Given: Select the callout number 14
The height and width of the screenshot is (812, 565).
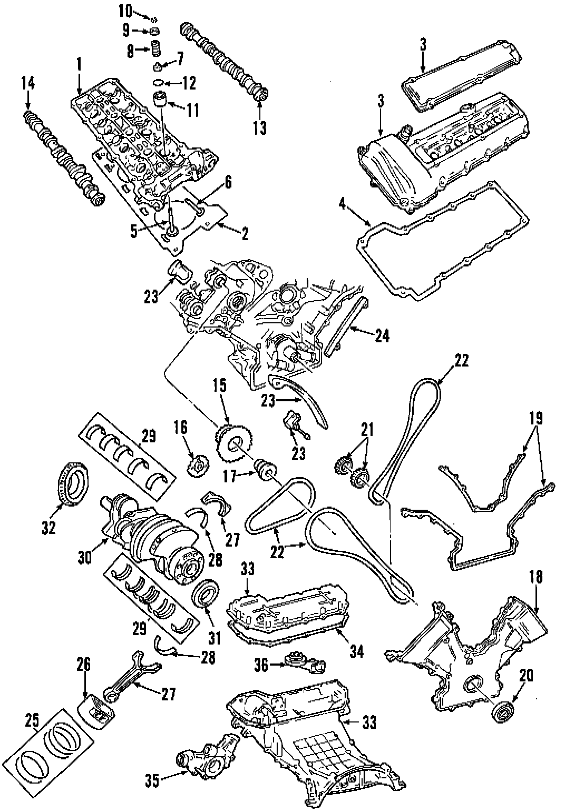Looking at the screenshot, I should click(27, 82).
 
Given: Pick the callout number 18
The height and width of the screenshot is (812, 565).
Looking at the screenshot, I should click(535, 577).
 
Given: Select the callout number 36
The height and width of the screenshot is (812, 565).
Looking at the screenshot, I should click(261, 665).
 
